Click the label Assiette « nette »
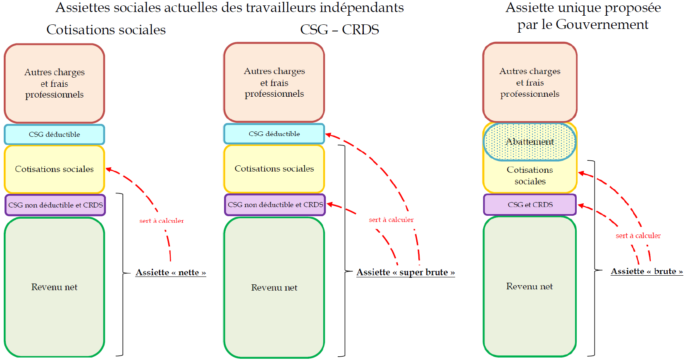coord(171,272)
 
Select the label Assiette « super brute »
coord(406,272)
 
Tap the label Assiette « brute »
coord(647,272)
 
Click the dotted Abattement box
coord(530,142)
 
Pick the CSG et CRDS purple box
coord(530,205)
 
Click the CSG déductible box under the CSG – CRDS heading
coord(274,134)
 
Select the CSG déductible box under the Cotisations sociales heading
coord(55,134)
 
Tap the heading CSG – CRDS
coord(339,30)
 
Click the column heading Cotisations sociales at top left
coord(106,30)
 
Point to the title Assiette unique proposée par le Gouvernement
coord(583,16)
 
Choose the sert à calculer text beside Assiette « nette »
coord(162,221)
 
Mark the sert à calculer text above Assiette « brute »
coord(638,236)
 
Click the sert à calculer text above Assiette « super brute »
coord(391,220)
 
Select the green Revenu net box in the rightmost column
coord(530,286)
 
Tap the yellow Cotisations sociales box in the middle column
coord(274,169)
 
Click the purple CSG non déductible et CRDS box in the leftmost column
coord(55,205)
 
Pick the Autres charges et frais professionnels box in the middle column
coord(274,82)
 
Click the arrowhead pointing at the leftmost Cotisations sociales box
coord(109,169)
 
